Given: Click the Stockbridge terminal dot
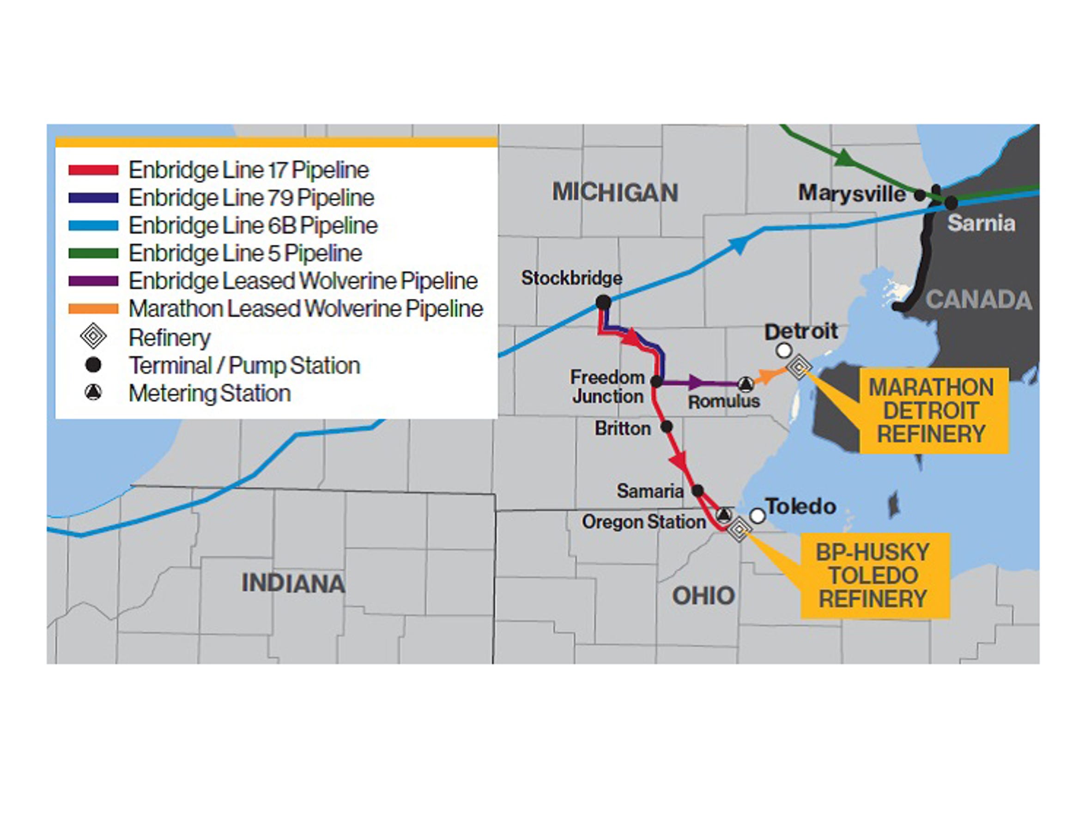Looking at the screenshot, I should point(603,302).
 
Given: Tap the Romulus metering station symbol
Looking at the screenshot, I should point(746,384).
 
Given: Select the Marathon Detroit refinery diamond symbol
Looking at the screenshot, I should point(799,366).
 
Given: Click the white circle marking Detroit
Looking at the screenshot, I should point(784,351).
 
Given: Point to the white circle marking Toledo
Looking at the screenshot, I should point(758,516).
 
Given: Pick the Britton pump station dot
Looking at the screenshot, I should point(666,427).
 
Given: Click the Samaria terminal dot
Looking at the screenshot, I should point(697,490).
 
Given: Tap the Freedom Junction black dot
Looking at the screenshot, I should point(656,381).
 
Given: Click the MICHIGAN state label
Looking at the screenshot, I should point(615,192).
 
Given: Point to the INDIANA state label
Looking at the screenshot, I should point(293,583).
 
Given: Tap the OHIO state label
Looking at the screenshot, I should point(703,596).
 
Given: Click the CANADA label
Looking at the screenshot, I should point(979,300).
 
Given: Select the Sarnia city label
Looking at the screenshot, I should point(981,223).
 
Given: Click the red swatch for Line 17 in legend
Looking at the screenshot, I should point(93,170).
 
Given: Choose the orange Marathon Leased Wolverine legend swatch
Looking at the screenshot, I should point(93,309).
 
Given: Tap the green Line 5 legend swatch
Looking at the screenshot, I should point(93,254).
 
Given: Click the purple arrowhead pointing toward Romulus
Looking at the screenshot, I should point(696,382).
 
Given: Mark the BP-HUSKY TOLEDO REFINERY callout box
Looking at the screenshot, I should point(875,575).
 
